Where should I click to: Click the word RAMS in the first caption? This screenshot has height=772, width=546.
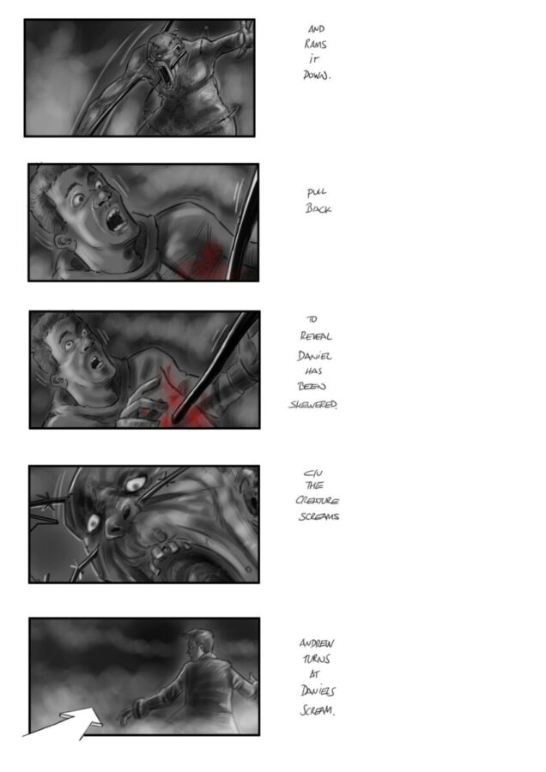(x=315, y=44)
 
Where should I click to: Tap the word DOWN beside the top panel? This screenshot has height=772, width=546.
(x=317, y=75)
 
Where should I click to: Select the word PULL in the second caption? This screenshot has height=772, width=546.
(x=317, y=192)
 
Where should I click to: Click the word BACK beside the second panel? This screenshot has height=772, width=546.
(x=318, y=208)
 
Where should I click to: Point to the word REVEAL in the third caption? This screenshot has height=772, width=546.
(x=316, y=336)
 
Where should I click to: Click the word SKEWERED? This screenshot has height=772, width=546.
(x=312, y=404)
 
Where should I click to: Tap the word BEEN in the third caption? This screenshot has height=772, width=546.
(x=312, y=387)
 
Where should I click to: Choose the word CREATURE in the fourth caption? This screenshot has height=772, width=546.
(x=318, y=500)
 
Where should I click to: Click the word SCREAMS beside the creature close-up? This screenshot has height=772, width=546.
(x=318, y=516)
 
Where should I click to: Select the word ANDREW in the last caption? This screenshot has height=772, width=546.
(x=317, y=643)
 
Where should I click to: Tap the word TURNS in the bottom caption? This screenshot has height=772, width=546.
(x=317, y=659)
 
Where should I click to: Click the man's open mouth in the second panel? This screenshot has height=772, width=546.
(x=116, y=219)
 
